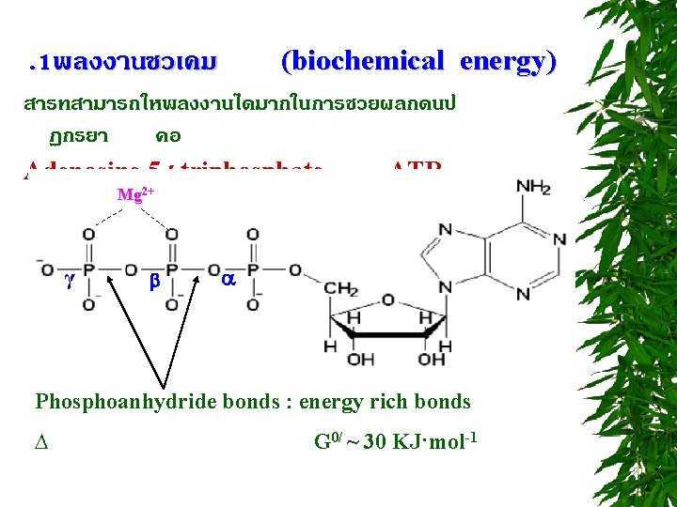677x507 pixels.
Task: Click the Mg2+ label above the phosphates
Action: [135, 195]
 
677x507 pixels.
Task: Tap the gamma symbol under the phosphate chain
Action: [71, 281]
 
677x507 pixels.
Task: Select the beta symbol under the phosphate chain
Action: [155, 281]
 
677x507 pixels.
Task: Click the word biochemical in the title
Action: [362, 62]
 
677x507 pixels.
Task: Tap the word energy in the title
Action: [508, 62]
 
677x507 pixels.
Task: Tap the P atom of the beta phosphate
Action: [172, 270]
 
